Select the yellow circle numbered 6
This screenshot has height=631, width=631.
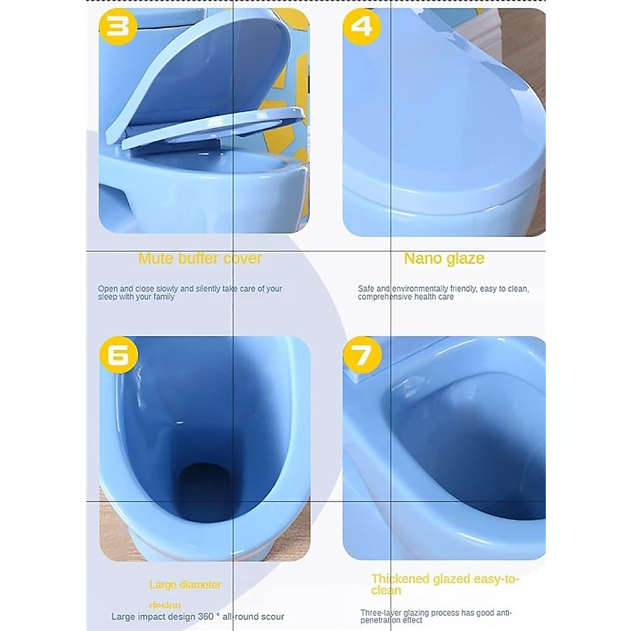(118, 355)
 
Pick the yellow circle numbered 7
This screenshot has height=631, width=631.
(361, 355)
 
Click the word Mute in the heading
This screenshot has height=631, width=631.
(156, 258)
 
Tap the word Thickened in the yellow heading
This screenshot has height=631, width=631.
(400, 579)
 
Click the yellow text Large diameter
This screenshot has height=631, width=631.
(185, 585)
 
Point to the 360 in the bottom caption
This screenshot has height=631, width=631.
(205, 617)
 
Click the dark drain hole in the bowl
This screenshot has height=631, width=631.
(201, 484)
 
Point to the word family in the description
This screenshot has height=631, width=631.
(164, 297)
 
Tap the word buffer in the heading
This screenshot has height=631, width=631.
(202, 258)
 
